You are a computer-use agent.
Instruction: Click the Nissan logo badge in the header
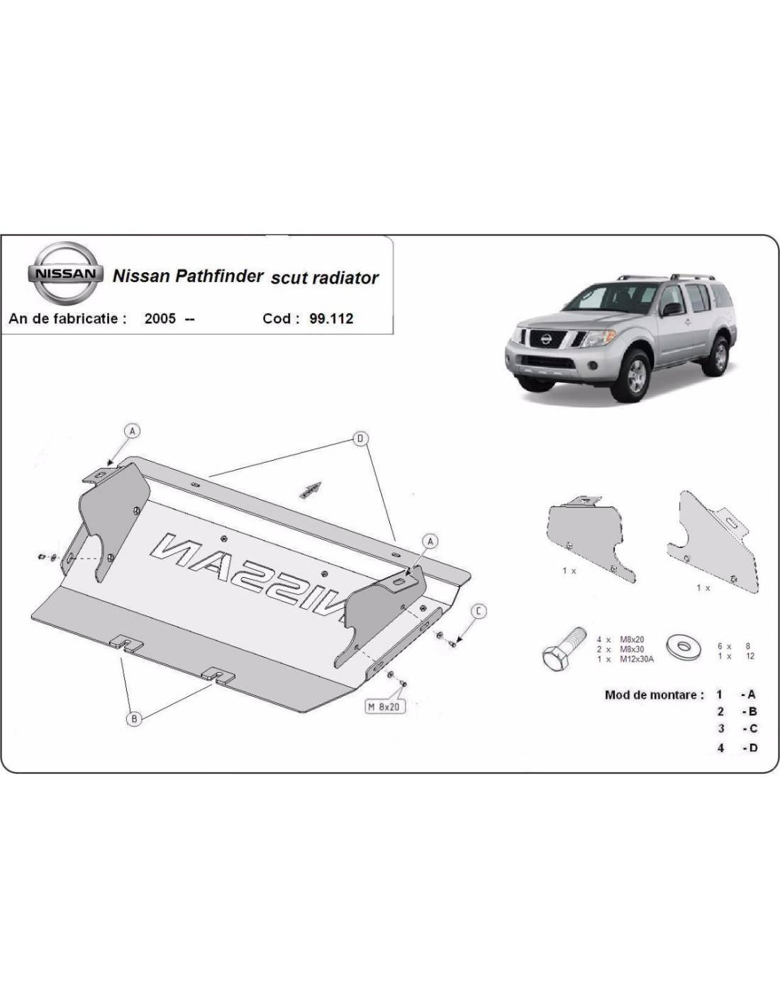click(x=65, y=274)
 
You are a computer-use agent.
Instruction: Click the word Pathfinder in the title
click(x=218, y=277)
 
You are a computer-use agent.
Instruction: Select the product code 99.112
click(x=331, y=319)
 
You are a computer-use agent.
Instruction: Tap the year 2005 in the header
click(x=160, y=319)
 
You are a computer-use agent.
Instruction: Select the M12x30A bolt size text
click(x=636, y=659)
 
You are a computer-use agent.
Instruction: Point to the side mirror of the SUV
click(x=672, y=309)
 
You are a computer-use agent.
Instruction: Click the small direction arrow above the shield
click(x=310, y=490)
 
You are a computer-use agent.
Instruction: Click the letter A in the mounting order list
click(x=751, y=695)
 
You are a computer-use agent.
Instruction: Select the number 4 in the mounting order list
click(x=720, y=748)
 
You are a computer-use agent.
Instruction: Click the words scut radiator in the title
click(x=325, y=278)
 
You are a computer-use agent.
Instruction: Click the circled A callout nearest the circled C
click(x=430, y=541)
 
